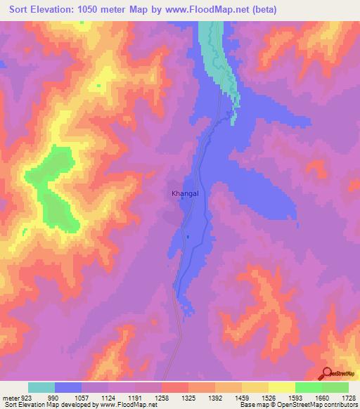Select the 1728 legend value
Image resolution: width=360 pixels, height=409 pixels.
pos(349,397)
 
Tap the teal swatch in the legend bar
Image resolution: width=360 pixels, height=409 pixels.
pos(41,387)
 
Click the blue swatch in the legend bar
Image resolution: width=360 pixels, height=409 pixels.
pos(68,387)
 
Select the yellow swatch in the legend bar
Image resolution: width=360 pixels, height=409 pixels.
pos(281,387)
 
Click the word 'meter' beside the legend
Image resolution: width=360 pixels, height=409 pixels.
pos(11,397)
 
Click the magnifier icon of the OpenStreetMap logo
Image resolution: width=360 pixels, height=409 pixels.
pos(326,372)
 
